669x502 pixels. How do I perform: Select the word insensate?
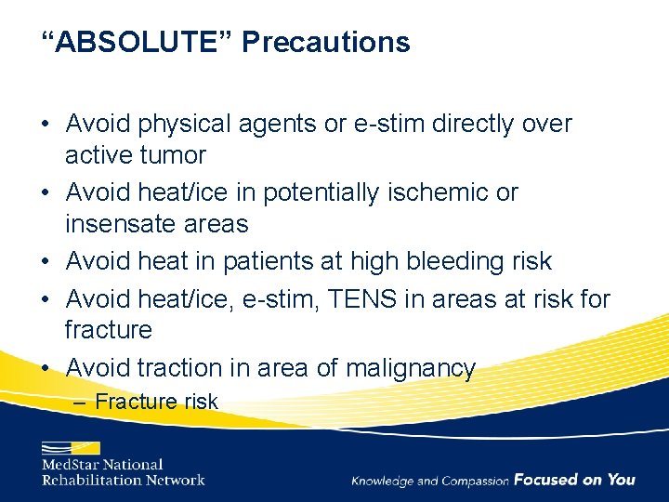pyautogui.click(x=125, y=223)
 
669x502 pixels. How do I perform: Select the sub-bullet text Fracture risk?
pyautogui.click(x=156, y=402)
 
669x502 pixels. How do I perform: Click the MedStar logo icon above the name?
pyautogui.click(x=70, y=448)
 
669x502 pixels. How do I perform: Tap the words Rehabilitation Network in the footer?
pyautogui.click(x=123, y=480)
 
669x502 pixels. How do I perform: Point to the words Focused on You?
pyautogui.click(x=574, y=480)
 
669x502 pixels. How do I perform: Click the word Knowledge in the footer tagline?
pyautogui.click(x=383, y=481)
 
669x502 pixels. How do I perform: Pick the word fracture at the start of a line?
pyautogui.click(x=108, y=330)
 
